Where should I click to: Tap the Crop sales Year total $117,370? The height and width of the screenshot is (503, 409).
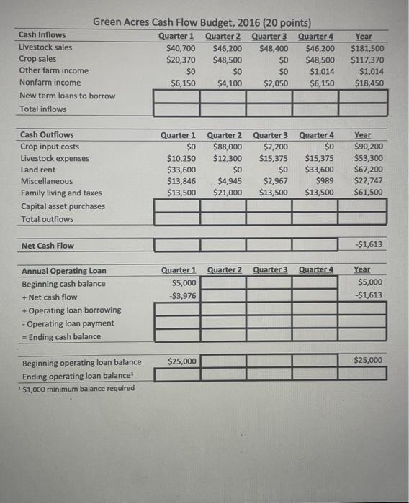click(367, 60)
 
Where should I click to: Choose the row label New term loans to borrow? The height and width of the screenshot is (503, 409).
click(67, 96)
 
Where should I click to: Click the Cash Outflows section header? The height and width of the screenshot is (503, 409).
click(47, 134)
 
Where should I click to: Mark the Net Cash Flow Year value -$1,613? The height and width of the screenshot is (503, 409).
click(370, 245)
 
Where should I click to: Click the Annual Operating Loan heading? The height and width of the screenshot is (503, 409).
click(63, 271)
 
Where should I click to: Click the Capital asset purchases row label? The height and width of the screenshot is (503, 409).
click(63, 206)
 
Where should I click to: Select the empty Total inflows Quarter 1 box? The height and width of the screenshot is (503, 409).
click(177, 109)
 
